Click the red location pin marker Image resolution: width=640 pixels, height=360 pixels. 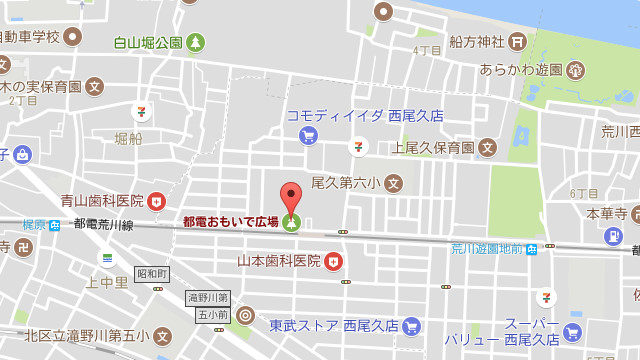tap(290, 195)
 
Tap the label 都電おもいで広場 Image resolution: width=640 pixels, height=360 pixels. tap(230, 222)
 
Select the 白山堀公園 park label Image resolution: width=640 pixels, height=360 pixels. tap(147, 42)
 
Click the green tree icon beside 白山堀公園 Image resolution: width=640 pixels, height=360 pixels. tap(196, 42)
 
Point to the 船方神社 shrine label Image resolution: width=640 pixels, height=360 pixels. tap(474, 42)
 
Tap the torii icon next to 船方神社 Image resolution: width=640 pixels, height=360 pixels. tap(517, 42)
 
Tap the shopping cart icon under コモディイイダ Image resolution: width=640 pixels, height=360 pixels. tap(308, 133)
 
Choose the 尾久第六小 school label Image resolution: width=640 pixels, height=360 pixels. tap(346, 183)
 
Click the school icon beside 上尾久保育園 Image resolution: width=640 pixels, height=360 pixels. tap(487, 147)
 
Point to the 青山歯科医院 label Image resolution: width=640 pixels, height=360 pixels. tap(102, 201)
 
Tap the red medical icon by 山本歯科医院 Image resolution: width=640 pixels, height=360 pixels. tap(333, 261)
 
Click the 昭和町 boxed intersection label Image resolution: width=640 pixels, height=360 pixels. tap(152, 274)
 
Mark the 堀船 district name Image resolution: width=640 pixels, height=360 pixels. tap(128, 137)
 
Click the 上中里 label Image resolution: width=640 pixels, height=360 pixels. tap(107, 282)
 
